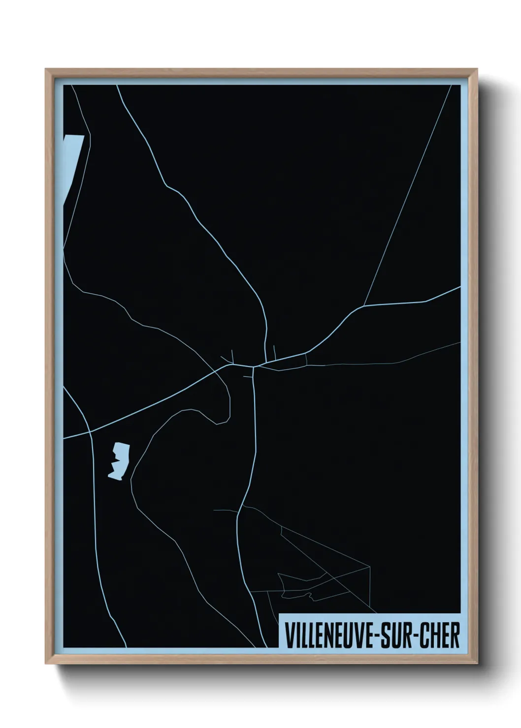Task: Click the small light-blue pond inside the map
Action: click(x=119, y=460)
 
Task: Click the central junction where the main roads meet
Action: click(x=254, y=366)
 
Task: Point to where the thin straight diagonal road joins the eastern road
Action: click(x=364, y=306)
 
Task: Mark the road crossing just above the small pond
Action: click(x=91, y=432)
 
